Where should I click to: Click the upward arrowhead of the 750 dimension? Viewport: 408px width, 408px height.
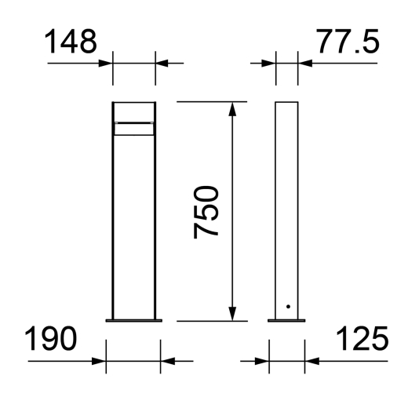(x=232, y=108)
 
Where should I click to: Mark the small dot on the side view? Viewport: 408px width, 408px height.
(x=288, y=306)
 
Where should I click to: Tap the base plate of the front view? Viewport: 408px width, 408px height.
(x=134, y=319)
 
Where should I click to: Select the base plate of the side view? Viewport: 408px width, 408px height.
(x=287, y=319)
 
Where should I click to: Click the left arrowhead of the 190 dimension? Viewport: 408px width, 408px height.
(x=100, y=361)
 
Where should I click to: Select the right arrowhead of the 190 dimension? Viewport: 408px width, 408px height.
(x=166, y=361)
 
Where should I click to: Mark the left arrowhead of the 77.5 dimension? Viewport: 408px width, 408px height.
(x=271, y=63)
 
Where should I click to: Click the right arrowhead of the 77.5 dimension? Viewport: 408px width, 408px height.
(x=304, y=63)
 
